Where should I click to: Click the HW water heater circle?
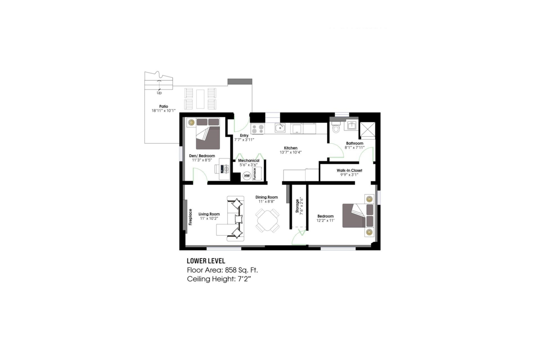247,175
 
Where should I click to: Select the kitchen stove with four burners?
257,129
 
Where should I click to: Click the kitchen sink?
280,128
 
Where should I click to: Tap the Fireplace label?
190,216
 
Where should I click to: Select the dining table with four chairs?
267,221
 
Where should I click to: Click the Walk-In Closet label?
349,171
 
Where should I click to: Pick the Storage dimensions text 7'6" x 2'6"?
302,207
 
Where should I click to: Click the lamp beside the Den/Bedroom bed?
191,121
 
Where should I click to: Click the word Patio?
163,106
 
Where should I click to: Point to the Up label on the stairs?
159,93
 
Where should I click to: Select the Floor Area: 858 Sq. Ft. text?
222,270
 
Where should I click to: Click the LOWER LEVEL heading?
206,261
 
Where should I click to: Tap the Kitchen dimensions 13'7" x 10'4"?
290,152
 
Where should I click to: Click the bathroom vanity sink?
351,126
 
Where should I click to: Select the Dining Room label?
266,197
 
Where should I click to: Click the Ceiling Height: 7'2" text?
218,279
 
